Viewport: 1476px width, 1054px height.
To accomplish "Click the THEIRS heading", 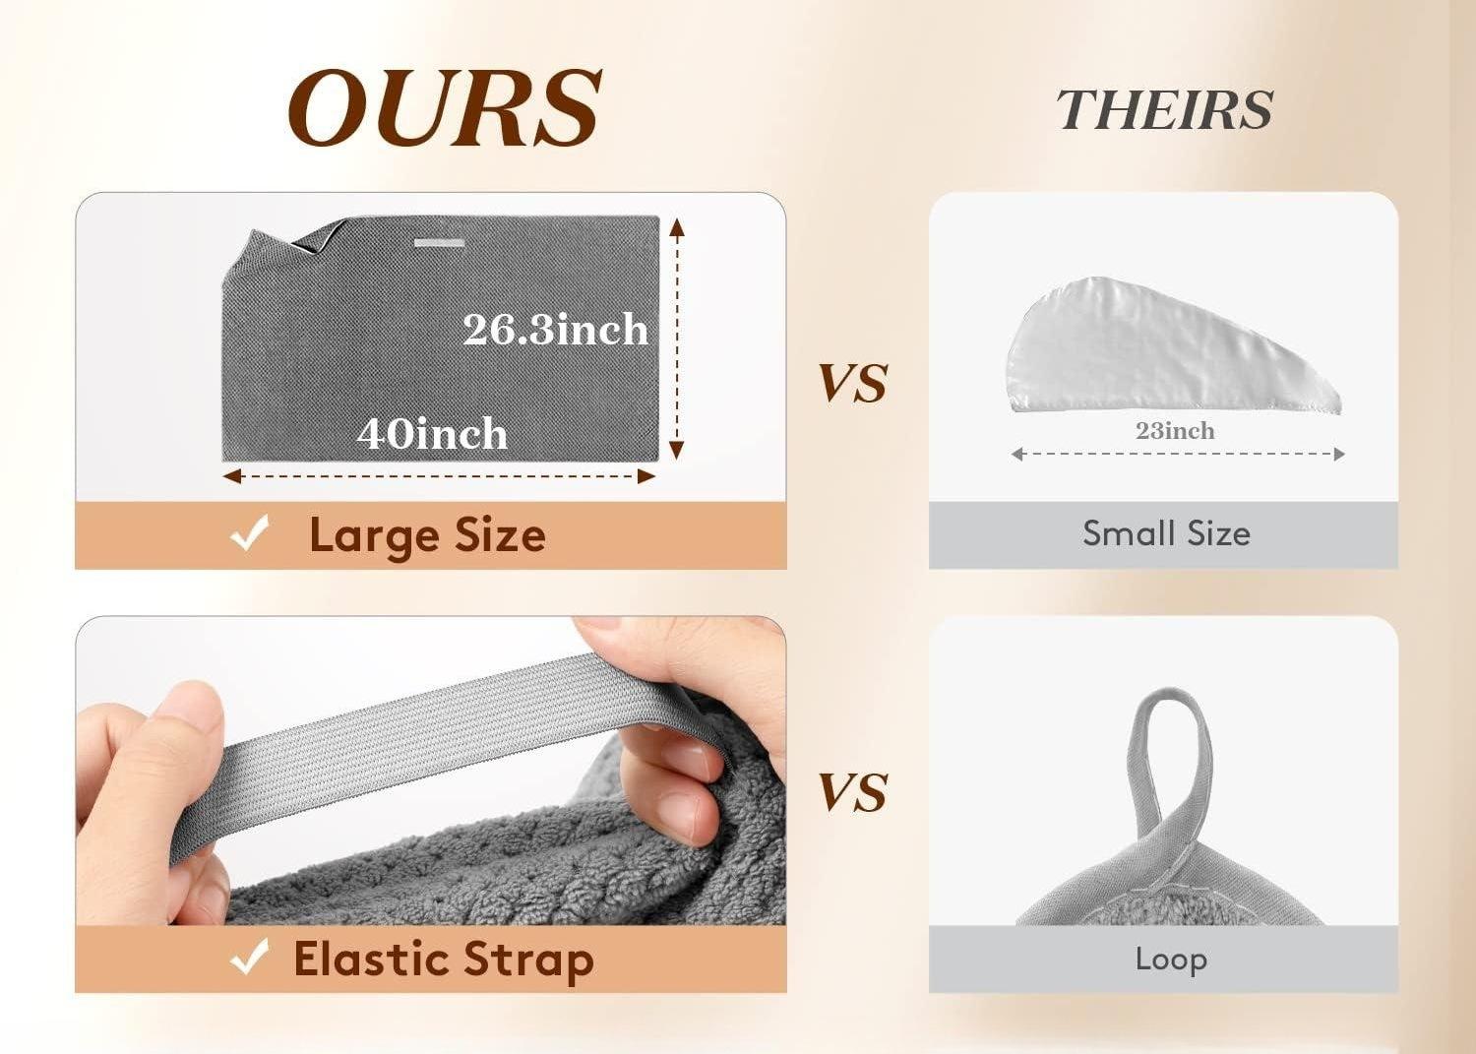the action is click(1164, 109).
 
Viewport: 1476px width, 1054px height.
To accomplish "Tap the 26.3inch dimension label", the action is click(556, 329).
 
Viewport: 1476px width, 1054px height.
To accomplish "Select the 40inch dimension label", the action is click(432, 433).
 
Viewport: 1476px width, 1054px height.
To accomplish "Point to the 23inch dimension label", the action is click(1175, 431).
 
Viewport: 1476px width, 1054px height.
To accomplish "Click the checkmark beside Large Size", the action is click(250, 532).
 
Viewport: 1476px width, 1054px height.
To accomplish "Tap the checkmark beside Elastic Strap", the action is click(250, 957).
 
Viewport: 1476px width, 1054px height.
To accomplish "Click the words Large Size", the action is click(427, 536).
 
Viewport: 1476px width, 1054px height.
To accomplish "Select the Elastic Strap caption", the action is click(444, 961).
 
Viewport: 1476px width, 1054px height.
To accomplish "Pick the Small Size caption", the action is click(1166, 533).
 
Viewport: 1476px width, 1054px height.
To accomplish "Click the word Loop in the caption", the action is click(1171, 960).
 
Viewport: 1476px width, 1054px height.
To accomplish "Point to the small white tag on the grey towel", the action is click(440, 243).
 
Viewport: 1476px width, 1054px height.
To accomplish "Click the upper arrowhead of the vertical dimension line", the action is click(677, 227).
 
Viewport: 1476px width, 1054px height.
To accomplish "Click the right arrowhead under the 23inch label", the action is click(1339, 454).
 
